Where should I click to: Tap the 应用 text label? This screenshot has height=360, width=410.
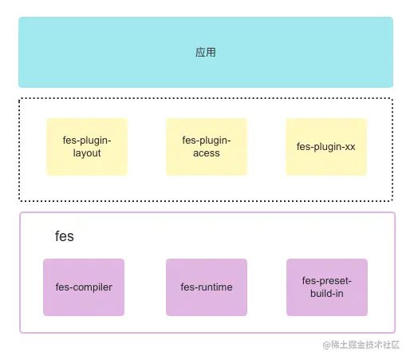click(206, 53)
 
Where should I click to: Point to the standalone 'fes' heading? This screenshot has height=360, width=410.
click(65, 237)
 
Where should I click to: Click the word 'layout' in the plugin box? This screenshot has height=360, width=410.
click(87, 152)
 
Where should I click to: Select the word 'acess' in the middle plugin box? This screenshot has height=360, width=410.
click(207, 152)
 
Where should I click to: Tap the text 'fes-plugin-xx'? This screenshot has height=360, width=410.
click(326, 147)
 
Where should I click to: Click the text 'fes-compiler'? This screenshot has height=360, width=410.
click(84, 287)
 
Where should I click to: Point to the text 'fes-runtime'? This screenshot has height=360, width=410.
click(207, 287)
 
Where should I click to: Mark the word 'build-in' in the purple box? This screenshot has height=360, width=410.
click(327, 293)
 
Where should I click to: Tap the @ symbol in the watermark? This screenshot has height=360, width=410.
click(326, 345)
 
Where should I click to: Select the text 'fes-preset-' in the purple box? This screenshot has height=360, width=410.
click(327, 281)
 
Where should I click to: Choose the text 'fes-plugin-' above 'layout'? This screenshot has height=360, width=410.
click(87, 140)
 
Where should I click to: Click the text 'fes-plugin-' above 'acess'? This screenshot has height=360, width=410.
click(207, 140)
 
